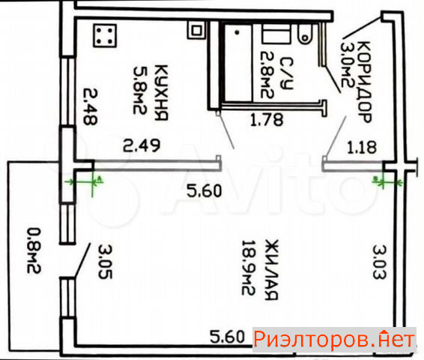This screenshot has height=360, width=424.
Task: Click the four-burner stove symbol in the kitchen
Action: click(105, 35)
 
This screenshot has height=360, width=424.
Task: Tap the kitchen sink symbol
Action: click(196, 30)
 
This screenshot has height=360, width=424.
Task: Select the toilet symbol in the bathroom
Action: click(306, 33)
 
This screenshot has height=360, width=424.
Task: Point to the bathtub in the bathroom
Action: click(237, 62)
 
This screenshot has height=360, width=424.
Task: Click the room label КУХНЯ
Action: click(161, 92)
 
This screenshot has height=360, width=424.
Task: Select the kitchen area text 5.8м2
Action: click(140, 91)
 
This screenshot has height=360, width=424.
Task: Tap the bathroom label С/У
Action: click(286, 73)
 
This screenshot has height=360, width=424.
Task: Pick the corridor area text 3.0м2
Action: click(348, 64)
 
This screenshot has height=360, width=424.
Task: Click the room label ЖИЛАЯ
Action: click(271, 269)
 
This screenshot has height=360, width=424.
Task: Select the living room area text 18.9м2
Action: click(249, 268)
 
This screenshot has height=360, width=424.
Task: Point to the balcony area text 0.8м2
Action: click(34, 250)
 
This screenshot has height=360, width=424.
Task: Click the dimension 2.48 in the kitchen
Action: click(90, 106)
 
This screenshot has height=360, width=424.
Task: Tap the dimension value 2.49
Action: click(142, 145)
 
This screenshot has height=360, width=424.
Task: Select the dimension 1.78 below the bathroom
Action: click(267, 120)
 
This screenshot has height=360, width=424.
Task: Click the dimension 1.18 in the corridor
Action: click(362, 148)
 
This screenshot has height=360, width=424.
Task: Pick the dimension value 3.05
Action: click(105, 262)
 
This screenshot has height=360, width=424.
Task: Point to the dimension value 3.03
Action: click(380, 262)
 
